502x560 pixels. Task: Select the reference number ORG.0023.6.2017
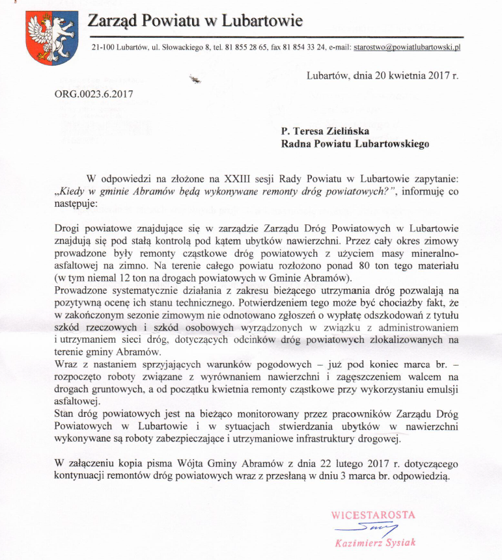93,93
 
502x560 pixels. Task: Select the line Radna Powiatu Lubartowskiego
356,144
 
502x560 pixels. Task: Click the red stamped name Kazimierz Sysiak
375,542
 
